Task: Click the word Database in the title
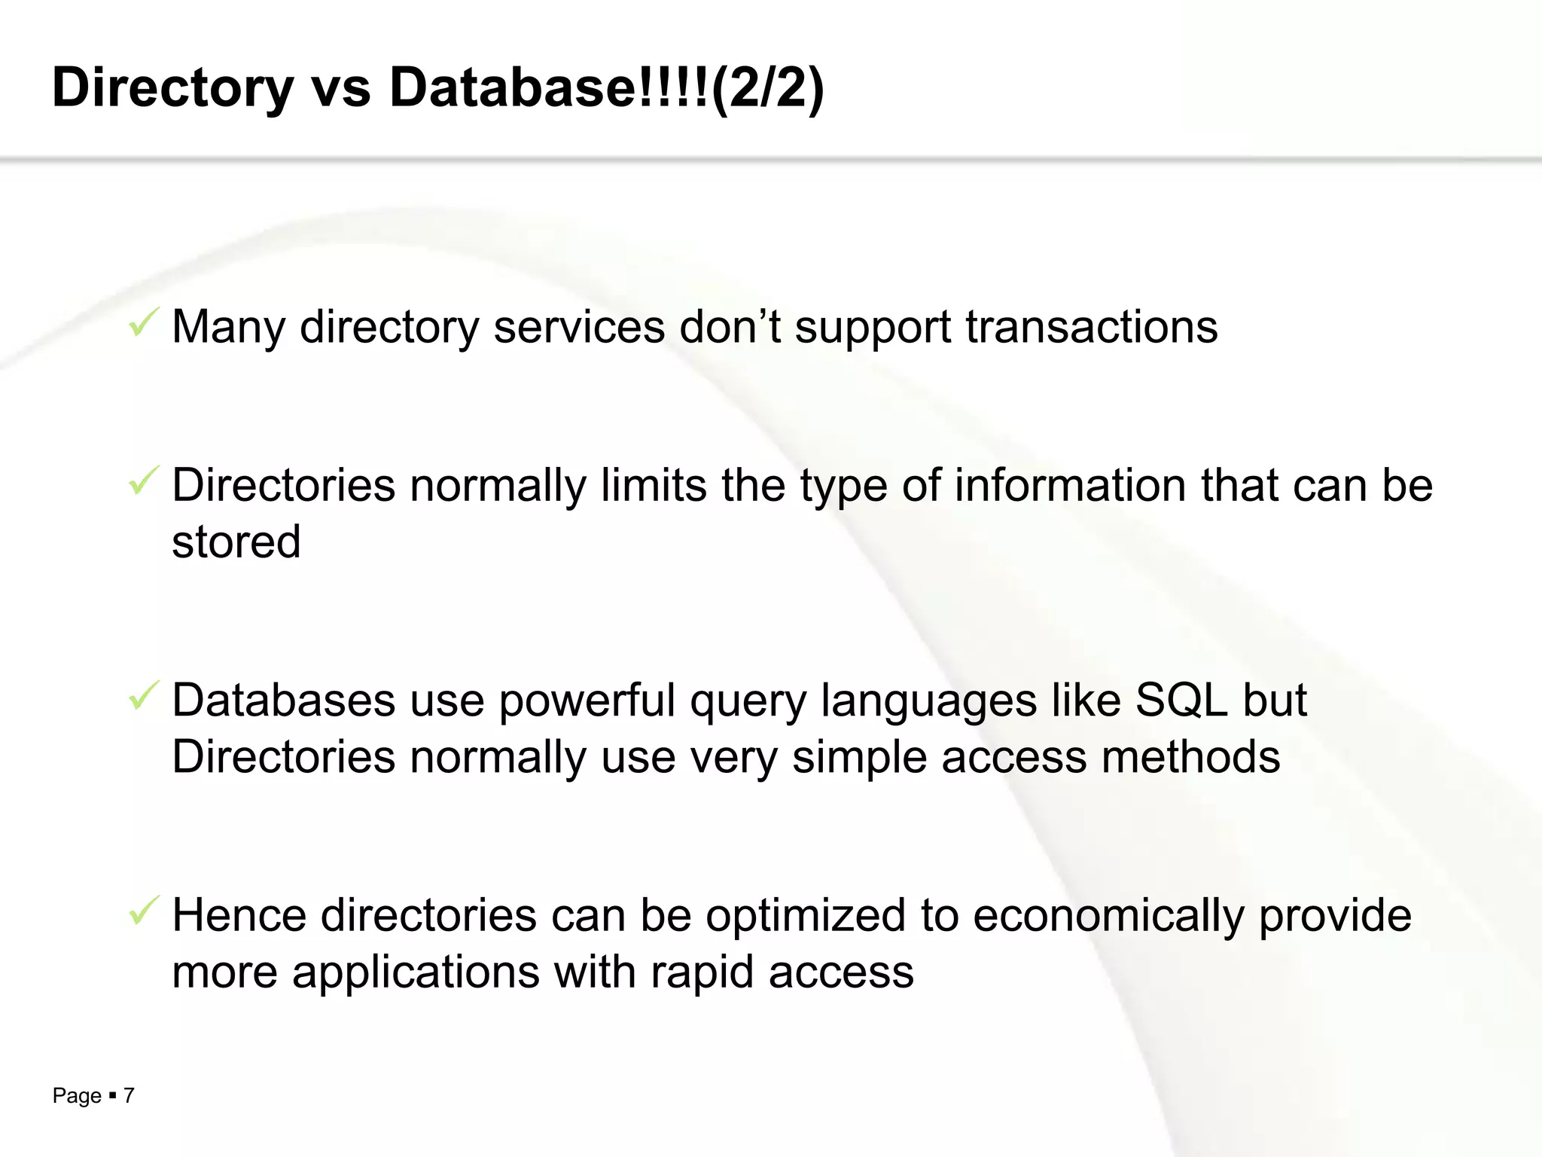coord(512,87)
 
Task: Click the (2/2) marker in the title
coord(767,87)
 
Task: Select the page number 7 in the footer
coord(129,1095)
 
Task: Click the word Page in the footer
coord(76,1095)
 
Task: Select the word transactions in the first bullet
coord(1091,327)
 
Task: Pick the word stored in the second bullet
coord(236,542)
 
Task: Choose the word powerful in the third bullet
coord(587,701)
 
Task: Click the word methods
coord(1190,757)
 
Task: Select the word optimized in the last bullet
coord(805,916)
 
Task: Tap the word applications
coord(416,972)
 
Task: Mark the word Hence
coord(239,916)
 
